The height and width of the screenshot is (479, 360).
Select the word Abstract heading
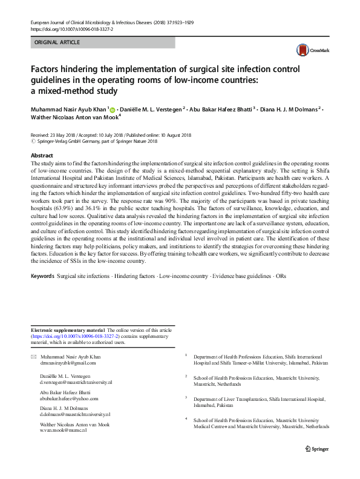click(x=42, y=156)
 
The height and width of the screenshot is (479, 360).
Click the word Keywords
click(x=42, y=276)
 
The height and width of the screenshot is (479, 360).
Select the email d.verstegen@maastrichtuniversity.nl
click(x=76, y=383)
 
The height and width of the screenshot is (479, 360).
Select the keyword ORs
click(x=279, y=276)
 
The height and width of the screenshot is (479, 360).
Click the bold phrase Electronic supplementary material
click(x=68, y=329)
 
